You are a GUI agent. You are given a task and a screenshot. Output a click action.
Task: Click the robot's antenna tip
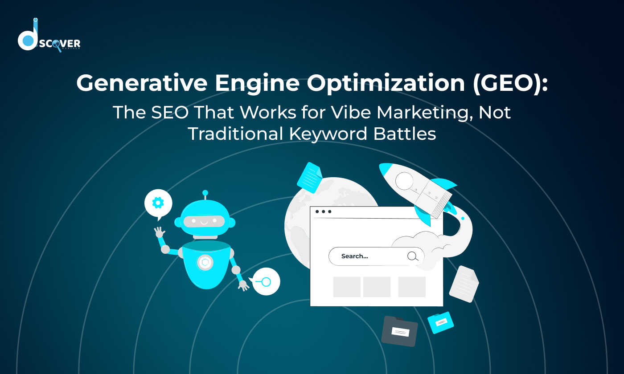tap(205, 193)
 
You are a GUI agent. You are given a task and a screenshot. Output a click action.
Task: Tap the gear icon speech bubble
tap(158, 203)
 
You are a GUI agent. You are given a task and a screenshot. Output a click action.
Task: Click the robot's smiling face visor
tap(205, 221)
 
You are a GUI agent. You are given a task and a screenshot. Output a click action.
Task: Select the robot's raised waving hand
tap(159, 232)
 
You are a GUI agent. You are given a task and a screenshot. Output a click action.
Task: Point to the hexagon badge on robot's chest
tap(205, 263)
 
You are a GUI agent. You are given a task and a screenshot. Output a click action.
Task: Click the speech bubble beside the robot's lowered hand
tap(266, 281)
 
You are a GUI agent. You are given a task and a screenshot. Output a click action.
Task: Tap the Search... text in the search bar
tap(355, 256)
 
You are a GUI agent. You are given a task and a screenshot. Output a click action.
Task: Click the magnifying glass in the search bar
tap(413, 256)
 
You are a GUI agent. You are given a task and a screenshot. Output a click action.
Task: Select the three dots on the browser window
tap(323, 211)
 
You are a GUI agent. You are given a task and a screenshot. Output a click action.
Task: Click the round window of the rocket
tap(404, 181)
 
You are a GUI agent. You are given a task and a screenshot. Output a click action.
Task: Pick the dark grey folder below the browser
tap(400, 331)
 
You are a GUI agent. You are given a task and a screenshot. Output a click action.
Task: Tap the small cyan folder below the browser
tap(441, 322)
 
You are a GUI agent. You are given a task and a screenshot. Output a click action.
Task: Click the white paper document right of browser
tap(464, 284)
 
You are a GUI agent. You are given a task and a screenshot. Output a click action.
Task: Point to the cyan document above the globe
tap(309, 177)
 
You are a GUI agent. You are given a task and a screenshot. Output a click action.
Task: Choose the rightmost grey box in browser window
tap(412, 287)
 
